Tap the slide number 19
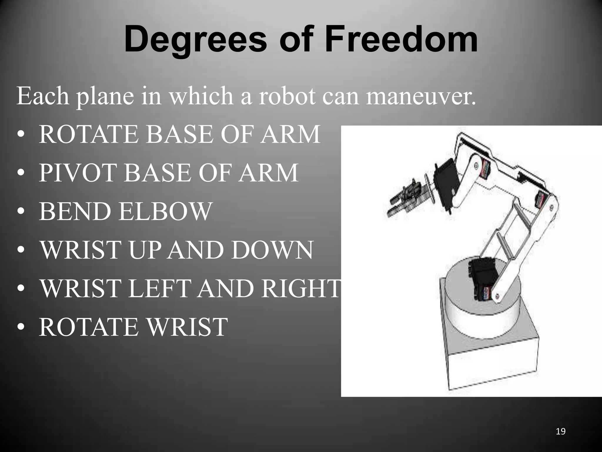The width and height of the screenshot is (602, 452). pos(561,431)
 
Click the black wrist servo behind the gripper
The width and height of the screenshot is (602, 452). pos(447,184)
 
